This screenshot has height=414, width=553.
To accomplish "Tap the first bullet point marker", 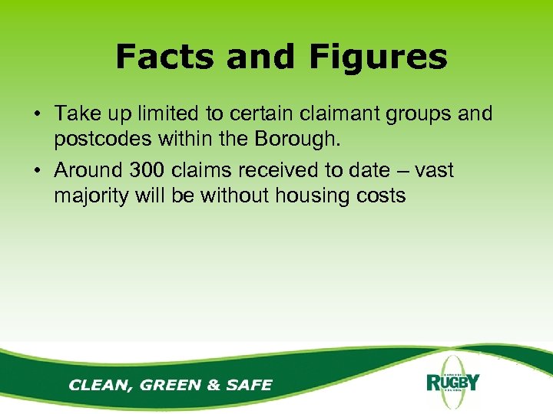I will (x=36, y=115).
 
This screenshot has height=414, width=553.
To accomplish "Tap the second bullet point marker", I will (x=36, y=170).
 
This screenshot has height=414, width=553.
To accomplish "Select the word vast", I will (x=434, y=169).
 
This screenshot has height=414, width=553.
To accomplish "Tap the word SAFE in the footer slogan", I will (x=248, y=384).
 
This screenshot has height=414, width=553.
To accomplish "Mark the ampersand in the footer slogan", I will (x=214, y=384).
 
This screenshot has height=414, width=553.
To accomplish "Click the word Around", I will (x=88, y=170).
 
